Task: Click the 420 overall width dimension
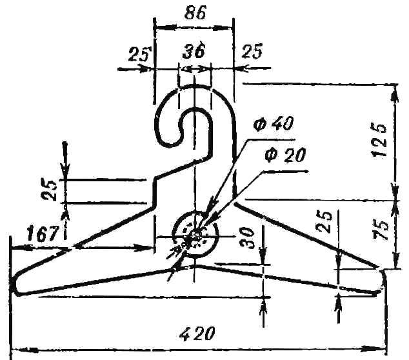197,333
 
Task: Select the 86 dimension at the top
195,12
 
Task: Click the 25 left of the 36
140,54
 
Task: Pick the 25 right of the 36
252,51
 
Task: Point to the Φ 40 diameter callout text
274,123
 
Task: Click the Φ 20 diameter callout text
285,155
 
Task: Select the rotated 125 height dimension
379,140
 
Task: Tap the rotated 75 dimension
380,230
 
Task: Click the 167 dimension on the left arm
42,234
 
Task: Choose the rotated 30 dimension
247,238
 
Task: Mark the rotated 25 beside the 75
323,221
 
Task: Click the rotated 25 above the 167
50,190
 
